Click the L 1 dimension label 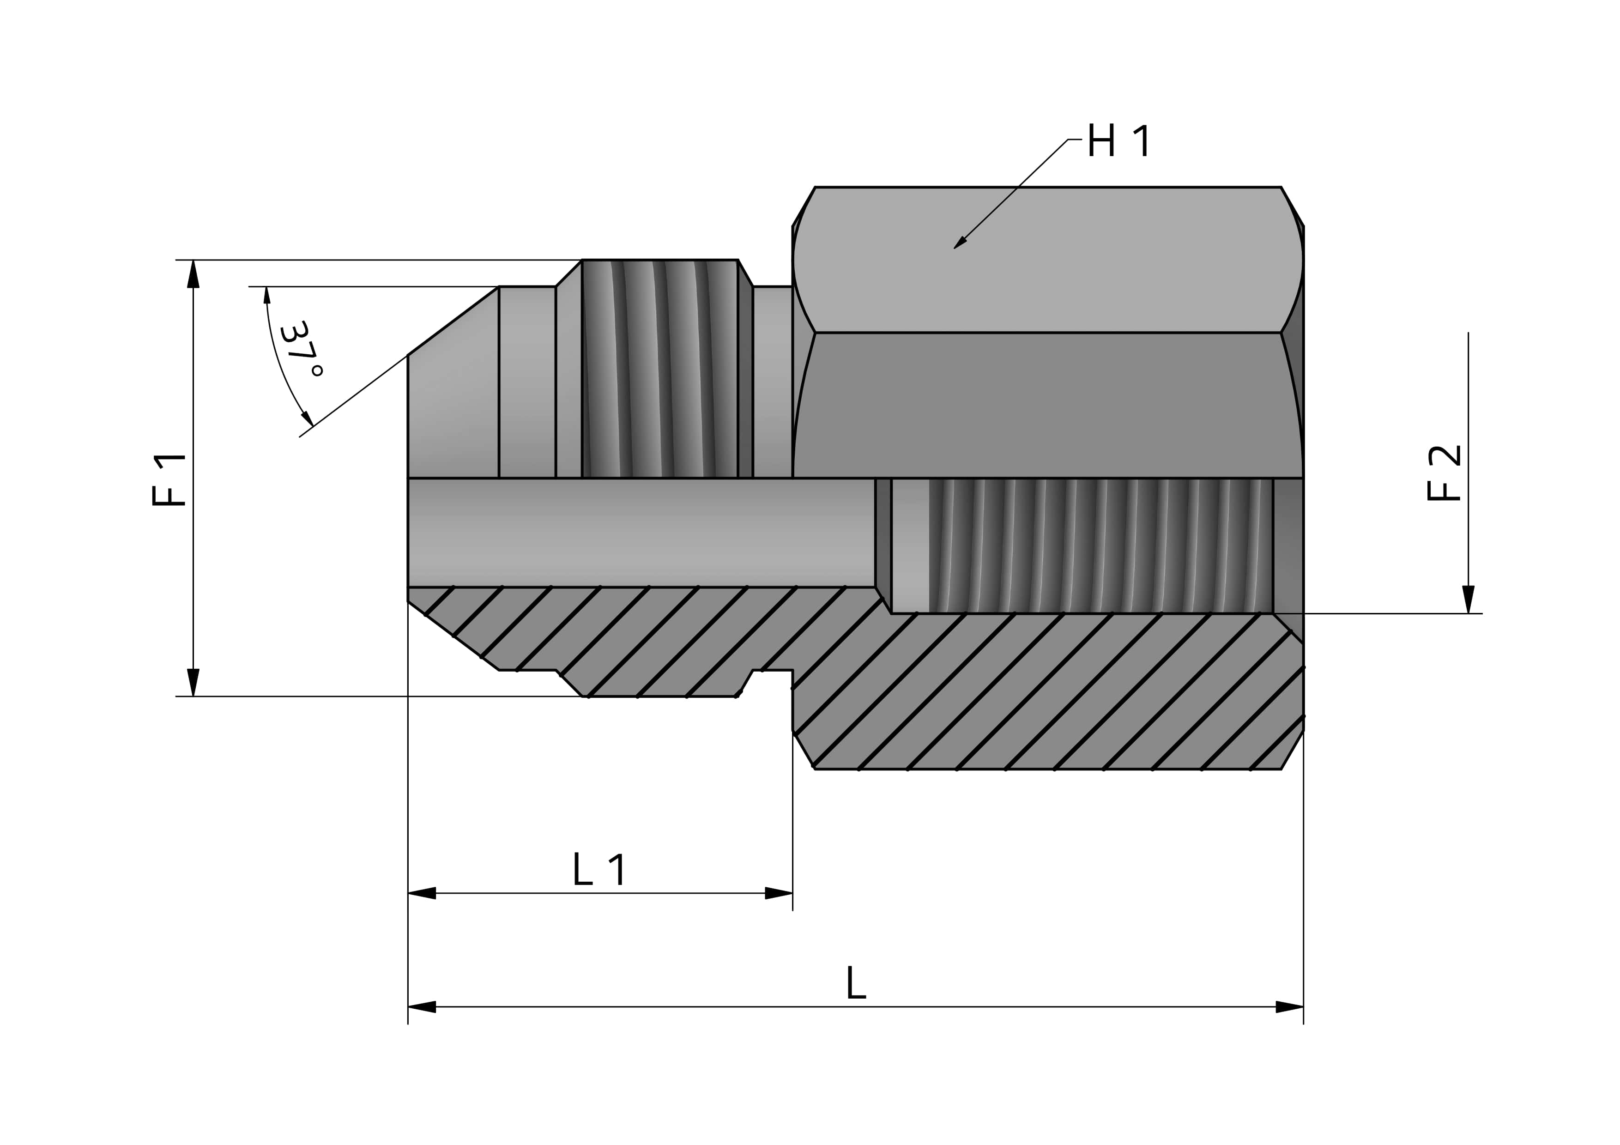pos(599,870)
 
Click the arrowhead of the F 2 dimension pos(1469,599)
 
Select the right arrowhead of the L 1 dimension pos(779,893)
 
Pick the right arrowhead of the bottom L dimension pos(1289,1007)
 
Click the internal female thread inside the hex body pos(1100,545)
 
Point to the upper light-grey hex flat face pos(1048,260)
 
